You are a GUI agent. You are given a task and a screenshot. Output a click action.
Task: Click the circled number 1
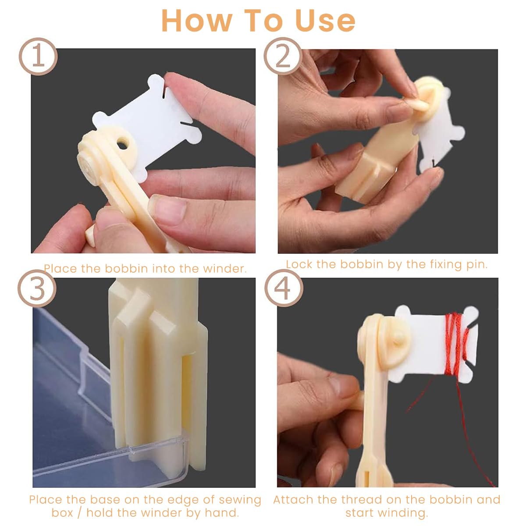click(38, 57)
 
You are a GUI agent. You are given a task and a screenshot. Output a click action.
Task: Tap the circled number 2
click(283, 57)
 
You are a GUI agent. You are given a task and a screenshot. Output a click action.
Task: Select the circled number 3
click(37, 289)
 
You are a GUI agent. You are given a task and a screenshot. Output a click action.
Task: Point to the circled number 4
click(284, 288)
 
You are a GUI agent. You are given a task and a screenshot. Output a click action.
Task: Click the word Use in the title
click(325, 21)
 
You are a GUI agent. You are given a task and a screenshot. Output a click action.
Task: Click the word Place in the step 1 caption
click(60, 269)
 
